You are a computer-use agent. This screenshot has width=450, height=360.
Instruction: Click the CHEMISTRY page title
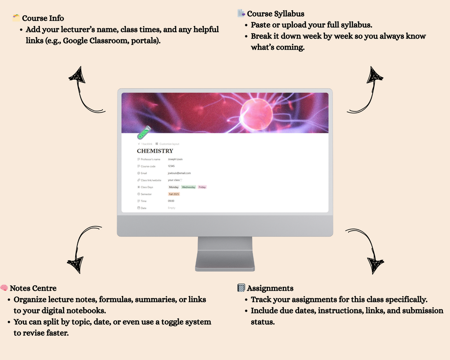point(155,151)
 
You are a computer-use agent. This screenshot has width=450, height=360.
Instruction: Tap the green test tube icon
point(143,133)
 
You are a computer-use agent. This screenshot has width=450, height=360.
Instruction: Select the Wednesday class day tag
point(189,187)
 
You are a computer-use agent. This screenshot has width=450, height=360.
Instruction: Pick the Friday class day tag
point(202,187)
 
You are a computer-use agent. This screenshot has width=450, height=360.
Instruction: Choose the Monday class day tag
point(174,187)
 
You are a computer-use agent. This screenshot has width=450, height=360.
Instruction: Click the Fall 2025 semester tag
point(174,194)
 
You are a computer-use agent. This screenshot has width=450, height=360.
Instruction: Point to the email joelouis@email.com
point(179,173)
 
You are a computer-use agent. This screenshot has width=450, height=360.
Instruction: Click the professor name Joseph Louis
point(175,159)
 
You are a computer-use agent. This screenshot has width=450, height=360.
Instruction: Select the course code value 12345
point(171,166)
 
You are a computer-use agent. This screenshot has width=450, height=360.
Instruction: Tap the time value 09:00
point(171,201)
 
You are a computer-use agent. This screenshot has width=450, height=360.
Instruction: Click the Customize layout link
point(169,144)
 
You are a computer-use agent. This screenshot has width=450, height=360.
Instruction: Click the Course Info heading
point(43,18)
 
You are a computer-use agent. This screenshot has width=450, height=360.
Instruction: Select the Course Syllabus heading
point(275,14)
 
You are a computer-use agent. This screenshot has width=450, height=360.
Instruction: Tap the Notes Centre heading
point(33,288)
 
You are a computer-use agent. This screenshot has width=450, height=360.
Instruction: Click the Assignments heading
point(270,288)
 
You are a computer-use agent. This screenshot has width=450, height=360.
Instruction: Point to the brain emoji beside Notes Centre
point(4,288)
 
